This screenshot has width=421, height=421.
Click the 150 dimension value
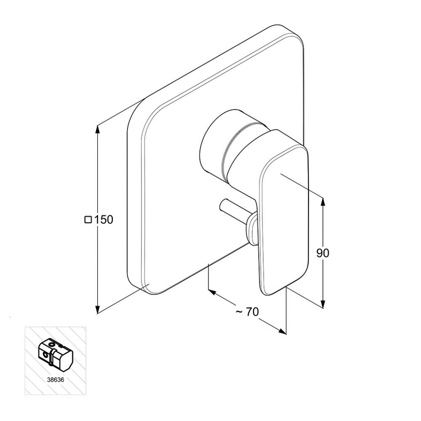[x=104, y=220]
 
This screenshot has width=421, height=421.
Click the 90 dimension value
[x=322, y=253]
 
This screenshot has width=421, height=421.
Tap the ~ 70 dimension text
[x=247, y=312]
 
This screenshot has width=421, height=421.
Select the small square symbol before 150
[x=88, y=220]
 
